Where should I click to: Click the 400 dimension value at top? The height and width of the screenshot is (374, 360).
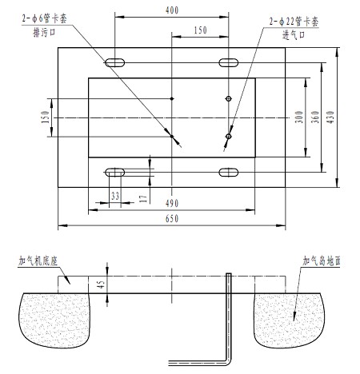(172, 10)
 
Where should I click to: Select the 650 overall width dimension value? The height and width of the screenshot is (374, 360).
(172, 219)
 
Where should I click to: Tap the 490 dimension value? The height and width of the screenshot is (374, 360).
(172, 204)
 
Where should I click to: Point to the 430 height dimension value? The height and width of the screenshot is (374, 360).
(330, 117)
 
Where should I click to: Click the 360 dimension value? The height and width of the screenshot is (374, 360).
(315, 117)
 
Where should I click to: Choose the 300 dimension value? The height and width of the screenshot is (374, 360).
(299, 117)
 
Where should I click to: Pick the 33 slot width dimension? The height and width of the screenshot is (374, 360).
(115, 196)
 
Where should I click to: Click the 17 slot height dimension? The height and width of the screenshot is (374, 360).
(143, 199)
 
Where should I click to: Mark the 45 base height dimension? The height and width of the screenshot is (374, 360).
(101, 284)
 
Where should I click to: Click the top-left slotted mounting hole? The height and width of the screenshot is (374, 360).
(115, 63)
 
